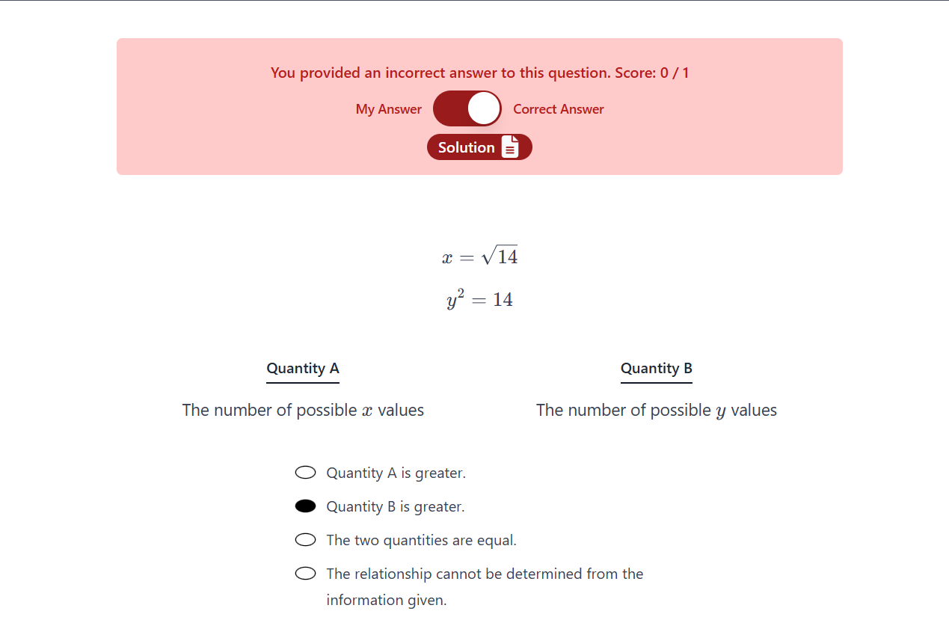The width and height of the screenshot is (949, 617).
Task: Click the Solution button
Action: [479, 147]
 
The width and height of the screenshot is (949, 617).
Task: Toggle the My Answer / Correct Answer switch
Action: [467, 109]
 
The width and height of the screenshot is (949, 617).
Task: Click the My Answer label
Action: [388, 109]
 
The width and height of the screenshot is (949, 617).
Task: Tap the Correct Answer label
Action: [558, 109]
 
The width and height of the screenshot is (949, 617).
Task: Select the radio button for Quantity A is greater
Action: [305, 473]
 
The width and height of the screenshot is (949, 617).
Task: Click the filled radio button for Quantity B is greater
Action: [305, 506]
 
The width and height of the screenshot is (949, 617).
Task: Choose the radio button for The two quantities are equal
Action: [305, 540]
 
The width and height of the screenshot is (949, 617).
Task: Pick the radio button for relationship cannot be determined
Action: [305, 574]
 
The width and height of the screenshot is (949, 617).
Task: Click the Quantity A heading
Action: [303, 369]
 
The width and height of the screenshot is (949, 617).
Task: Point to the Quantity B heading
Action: [656, 369]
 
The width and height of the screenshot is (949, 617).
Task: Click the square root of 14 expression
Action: [500, 257]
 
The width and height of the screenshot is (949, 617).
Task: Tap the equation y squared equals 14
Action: [479, 300]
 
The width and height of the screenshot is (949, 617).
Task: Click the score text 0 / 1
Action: [674, 73]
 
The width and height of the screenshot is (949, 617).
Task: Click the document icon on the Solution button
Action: [509, 147]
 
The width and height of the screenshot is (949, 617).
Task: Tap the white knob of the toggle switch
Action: [484, 109]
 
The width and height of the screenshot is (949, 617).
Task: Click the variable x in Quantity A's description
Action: [366, 411]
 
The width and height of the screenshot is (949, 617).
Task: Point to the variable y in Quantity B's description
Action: [720, 412]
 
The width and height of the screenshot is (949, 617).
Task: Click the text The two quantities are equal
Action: [421, 540]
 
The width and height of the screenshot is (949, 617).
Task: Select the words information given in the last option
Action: [386, 600]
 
